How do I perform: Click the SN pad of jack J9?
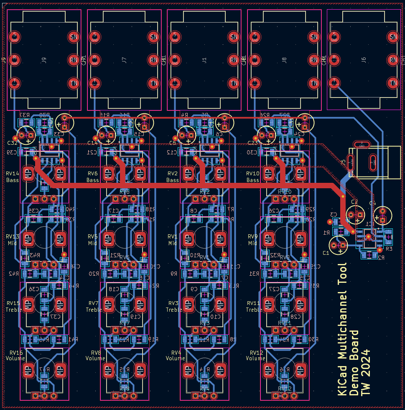click(x=74, y=37)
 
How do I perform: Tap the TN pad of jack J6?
click(x=393, y=83)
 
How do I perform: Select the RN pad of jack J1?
click(x=234, y=60)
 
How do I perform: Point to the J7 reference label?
click(x=124, y=60)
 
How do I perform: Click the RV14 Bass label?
click(x=13, y=177)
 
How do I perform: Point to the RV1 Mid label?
click(x=173, y=240)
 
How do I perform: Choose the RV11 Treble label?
click(x=254, y=306)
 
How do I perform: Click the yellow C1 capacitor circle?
click(x=338, y=245)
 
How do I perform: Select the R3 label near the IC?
click(x=389, y=249)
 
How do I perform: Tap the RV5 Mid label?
click(x=92, y=240)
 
